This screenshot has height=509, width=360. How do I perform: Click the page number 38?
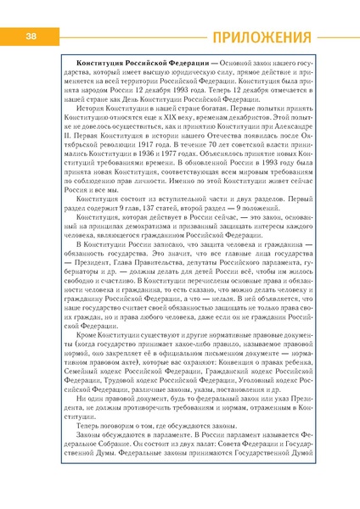point(31,36)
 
